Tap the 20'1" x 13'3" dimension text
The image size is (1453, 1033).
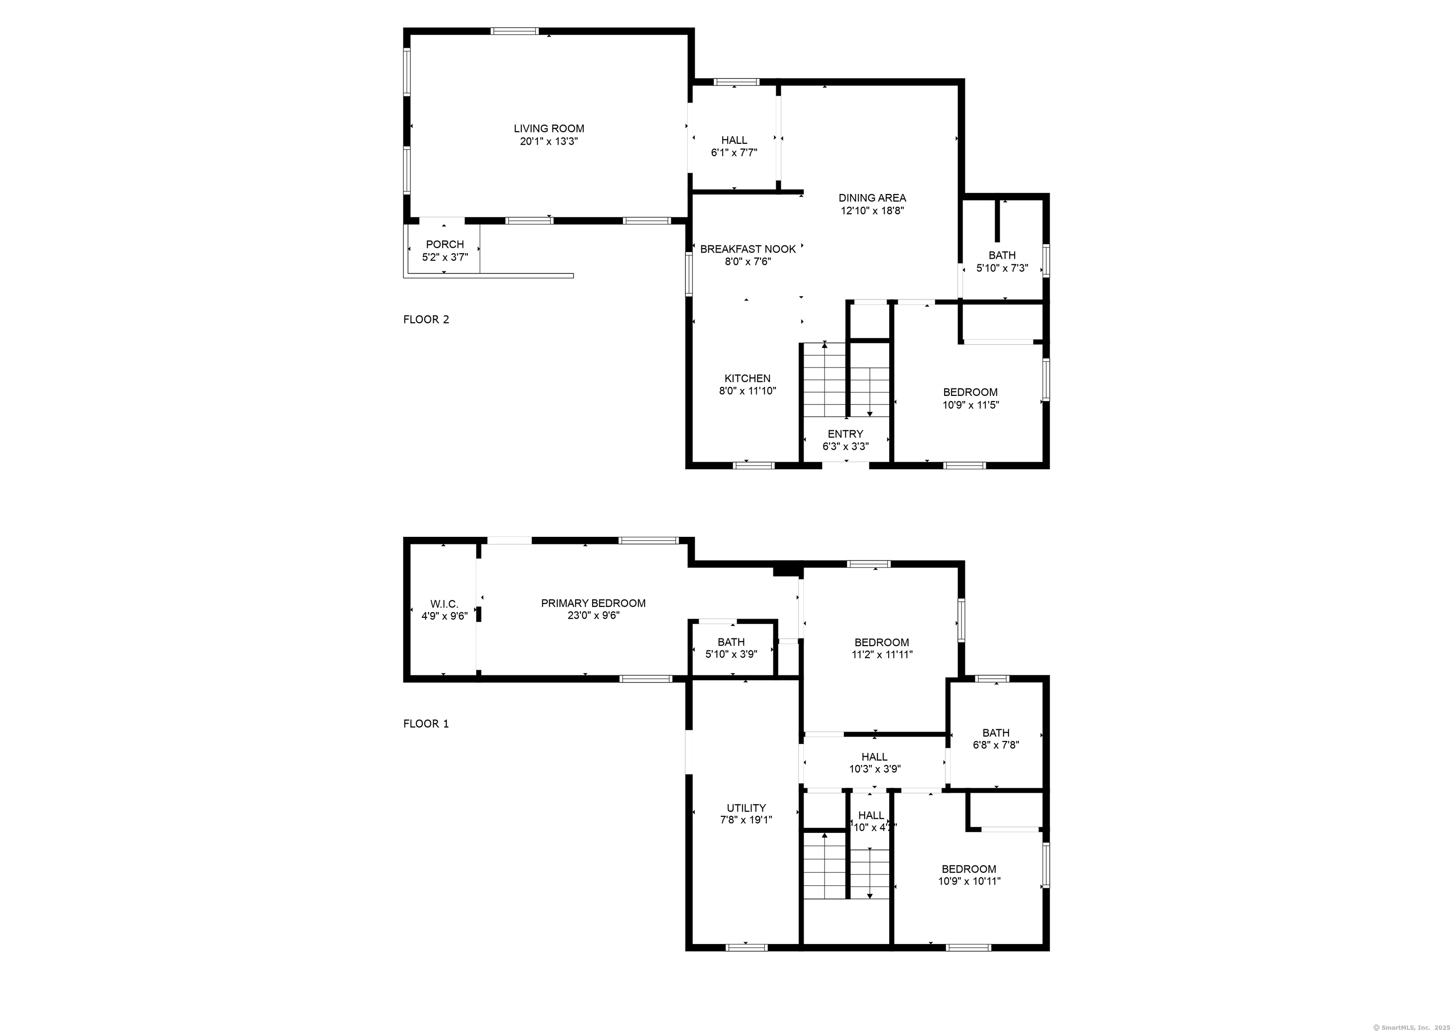(549, 141)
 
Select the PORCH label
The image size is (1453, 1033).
(445, 244)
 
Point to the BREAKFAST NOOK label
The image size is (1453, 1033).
(748, 249)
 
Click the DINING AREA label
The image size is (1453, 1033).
(872, 198)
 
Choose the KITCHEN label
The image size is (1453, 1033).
(747, 378)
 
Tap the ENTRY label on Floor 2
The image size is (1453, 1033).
(845, 434)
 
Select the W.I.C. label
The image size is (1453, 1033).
(444, 604)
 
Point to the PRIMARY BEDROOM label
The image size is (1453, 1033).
(593, 603)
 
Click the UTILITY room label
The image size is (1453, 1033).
(746, 808)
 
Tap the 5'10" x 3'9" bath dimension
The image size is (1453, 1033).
(731, 654)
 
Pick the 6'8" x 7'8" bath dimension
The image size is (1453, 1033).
(996, 745)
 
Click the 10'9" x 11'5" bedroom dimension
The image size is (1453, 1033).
(971, 404)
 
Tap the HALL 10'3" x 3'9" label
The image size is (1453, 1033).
(875, 757)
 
